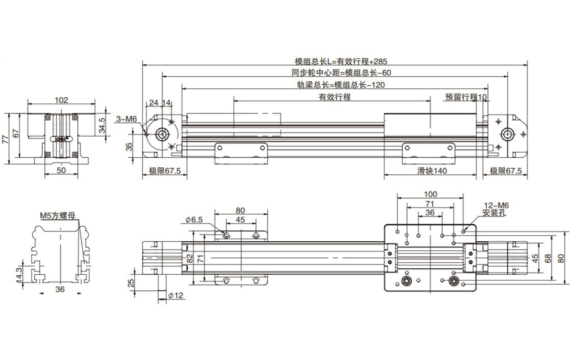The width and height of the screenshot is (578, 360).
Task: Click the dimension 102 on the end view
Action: click(61, 100)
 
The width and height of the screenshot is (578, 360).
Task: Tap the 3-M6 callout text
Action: click(127, 119)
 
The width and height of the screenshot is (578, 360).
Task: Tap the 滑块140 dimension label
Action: click(432, 171)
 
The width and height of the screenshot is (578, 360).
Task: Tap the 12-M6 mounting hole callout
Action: click(496, 205)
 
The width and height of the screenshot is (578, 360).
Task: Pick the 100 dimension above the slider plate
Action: click(430, 194)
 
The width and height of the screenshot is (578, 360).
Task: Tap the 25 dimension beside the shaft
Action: click(131, 282)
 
